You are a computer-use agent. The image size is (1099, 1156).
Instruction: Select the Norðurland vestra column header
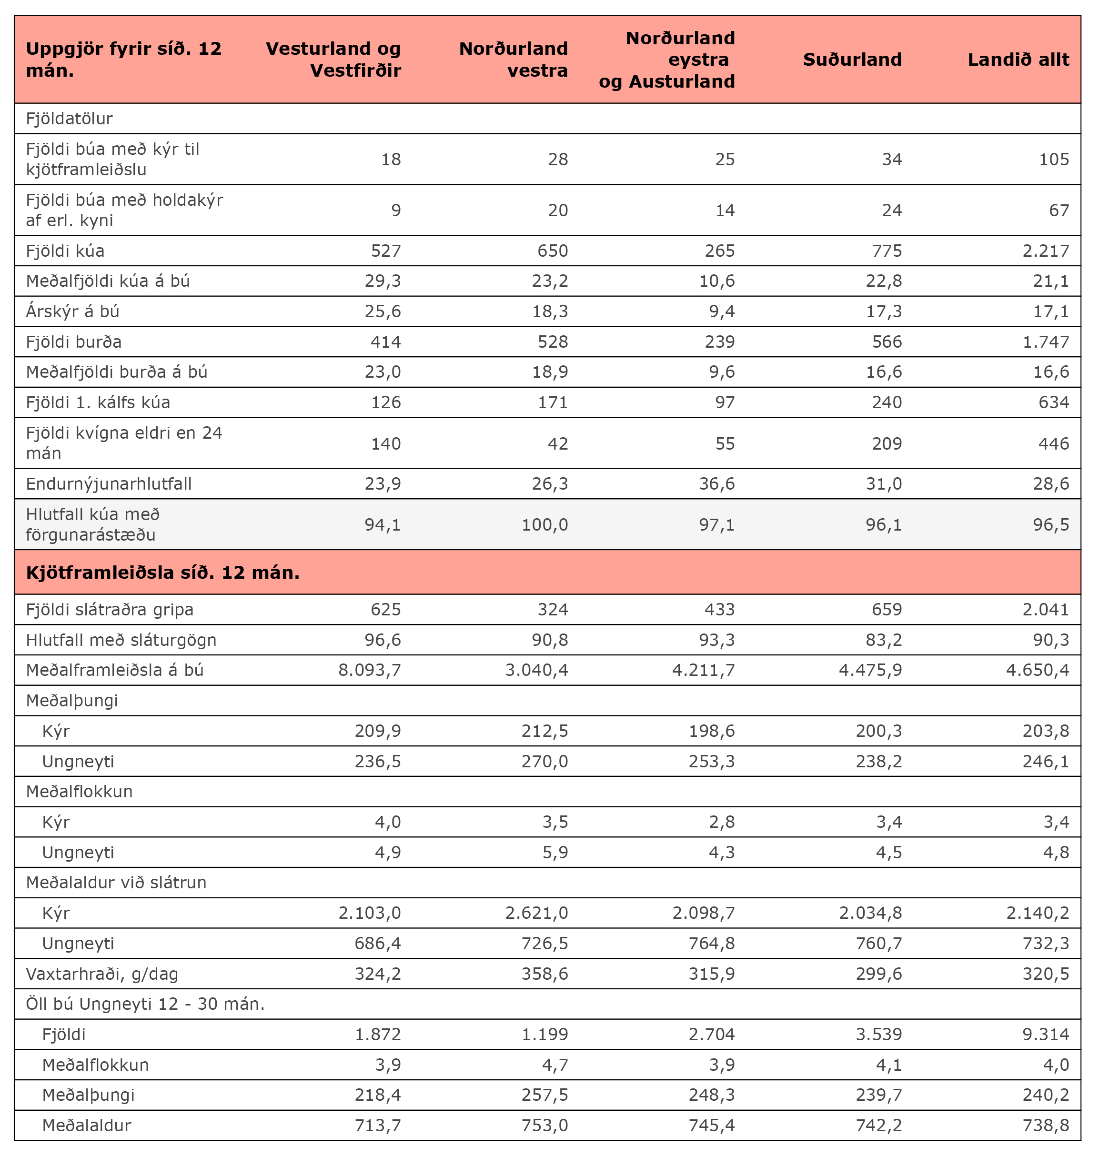click(513, 60)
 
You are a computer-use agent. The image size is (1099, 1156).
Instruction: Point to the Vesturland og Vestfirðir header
click(333, 60)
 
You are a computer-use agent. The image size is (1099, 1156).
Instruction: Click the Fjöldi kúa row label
click(65, 251)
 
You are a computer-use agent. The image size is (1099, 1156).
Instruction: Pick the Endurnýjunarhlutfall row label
click(109, 484)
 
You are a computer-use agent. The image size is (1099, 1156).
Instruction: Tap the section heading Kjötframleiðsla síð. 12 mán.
click(163, 573)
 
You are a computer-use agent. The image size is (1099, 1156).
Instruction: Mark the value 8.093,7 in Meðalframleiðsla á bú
click(370, 671)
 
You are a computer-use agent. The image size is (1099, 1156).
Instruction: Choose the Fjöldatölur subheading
click(69, 119)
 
